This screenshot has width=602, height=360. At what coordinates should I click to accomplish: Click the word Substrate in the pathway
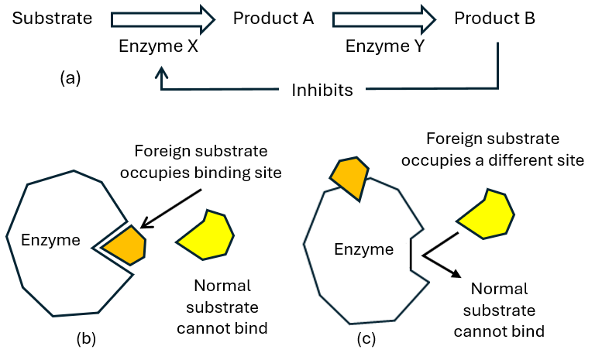click(51, 17)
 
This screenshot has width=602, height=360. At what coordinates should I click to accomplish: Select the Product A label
click(273, 17)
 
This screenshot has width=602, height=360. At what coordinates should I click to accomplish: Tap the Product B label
click(494, 17)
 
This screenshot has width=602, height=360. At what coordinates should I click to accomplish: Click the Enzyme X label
click(159, 47)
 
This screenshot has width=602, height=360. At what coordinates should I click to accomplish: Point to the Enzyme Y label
click(386, 47)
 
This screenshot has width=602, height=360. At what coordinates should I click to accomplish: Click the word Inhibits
click(322, 91)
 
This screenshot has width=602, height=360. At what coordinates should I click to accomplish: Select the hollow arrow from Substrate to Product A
click(163, 16)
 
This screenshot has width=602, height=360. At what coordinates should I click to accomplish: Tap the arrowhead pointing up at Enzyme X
click(162, 72)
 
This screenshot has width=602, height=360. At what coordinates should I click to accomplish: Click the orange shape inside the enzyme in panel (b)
click(126, 245)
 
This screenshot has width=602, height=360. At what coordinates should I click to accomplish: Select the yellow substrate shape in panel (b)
click(206, 232)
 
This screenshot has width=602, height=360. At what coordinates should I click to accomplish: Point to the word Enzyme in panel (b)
click(51, 241)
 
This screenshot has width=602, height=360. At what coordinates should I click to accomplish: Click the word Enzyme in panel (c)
click(360, 249)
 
